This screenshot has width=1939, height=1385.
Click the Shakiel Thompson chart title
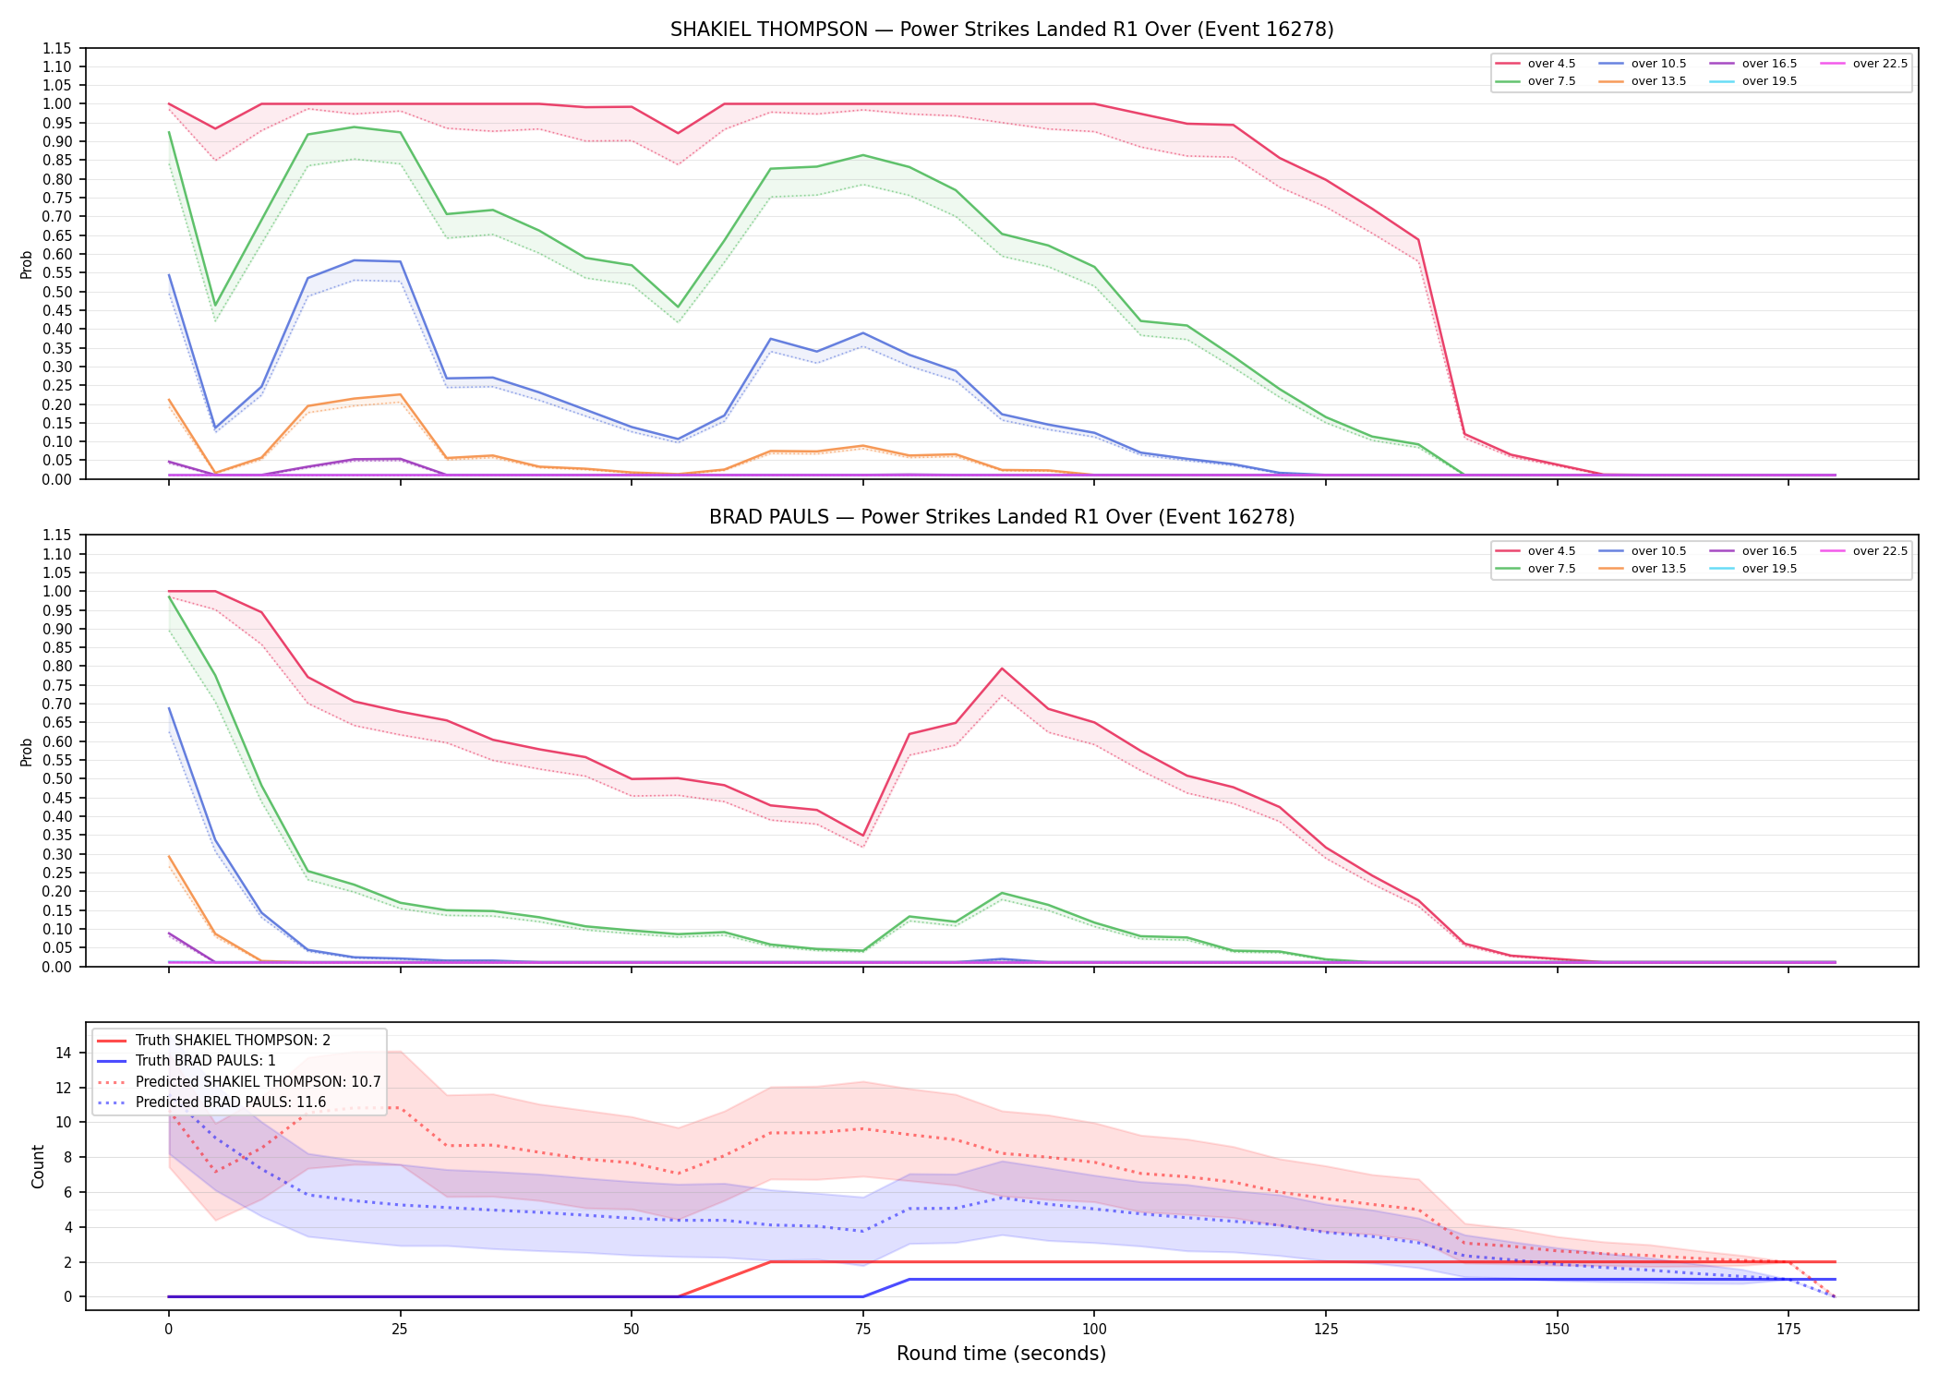(1002, 30)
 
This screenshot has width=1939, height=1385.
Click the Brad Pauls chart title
(1002, 517)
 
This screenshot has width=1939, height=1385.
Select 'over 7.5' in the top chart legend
(1551, 81)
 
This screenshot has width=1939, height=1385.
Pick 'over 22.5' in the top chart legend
(1880, 64)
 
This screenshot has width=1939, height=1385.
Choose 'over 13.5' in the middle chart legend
(1658, 569)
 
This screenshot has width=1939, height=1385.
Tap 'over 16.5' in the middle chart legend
(1769, 551)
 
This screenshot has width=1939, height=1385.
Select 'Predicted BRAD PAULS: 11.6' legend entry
(231, 1102)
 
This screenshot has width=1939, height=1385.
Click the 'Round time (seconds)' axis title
(1002, 1354)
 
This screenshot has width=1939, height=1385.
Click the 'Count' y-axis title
(38, 1166)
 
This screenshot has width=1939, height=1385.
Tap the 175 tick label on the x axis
(1788, 1330)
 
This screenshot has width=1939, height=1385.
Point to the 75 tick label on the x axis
(862, 1330)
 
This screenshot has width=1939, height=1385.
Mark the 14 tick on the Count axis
(65, 1053)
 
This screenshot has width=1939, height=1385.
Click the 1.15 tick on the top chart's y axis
(57, 48)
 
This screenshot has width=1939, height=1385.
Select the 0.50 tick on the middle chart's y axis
(57, 779)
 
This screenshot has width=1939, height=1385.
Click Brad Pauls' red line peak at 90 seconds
(1002, 668)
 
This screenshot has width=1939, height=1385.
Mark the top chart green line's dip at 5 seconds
(215, 306)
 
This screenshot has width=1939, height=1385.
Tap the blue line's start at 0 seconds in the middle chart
(169, 708)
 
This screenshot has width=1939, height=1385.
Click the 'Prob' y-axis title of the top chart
(27, 264)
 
